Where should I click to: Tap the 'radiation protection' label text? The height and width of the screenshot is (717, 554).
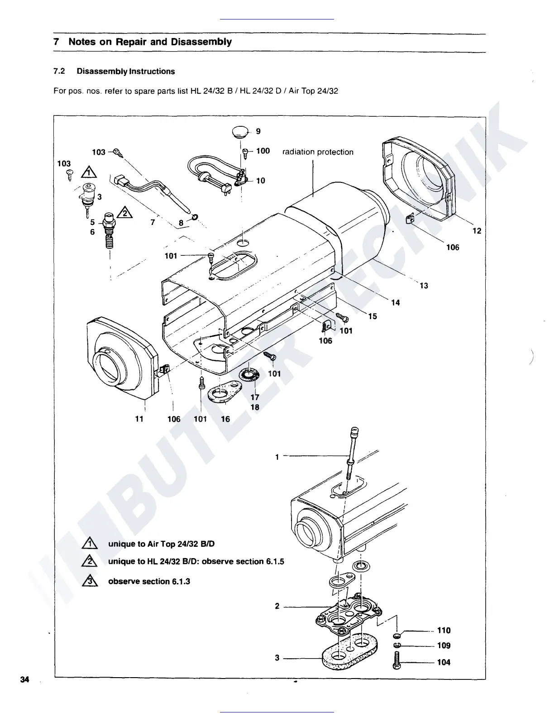coord(318,152)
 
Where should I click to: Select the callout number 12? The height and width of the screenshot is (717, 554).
coord(477,231)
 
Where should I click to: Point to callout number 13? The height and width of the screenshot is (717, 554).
coord(424,286)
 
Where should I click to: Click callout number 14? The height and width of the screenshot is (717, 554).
coord(396,302)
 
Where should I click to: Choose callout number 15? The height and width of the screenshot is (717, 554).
coord(373,316)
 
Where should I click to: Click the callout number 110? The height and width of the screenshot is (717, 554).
coord(444,630)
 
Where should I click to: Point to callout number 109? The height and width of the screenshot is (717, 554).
coord(444,645)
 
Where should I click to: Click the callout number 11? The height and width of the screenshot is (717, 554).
coord(139,419)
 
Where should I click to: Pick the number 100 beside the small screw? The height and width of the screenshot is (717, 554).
coord(263,151)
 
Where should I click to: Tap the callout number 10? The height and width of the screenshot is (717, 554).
coord(261,181)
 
